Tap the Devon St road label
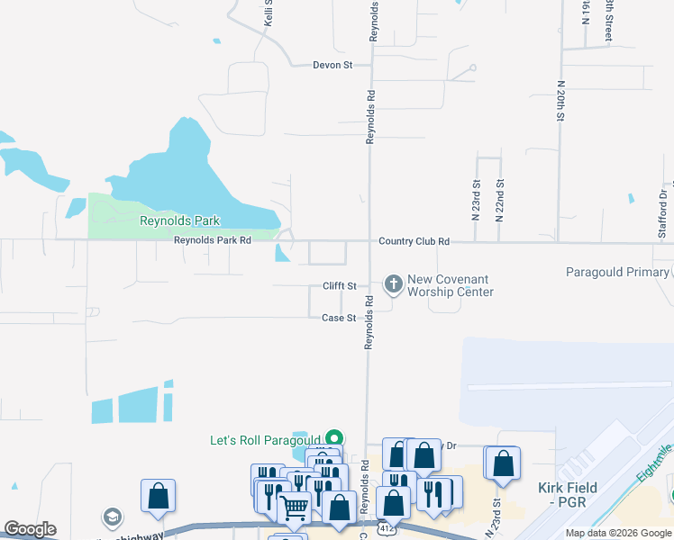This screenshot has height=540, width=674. (x=331, y=65)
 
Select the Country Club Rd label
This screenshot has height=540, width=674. (x=414, y=241)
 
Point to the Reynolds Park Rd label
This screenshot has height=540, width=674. (x=212, y=240)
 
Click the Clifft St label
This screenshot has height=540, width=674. (x=340, y=286)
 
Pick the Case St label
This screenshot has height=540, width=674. (x=340, y=318)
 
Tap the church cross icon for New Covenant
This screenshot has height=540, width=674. (x=393, y=284)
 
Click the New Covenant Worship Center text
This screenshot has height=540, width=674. (x=451, y=286)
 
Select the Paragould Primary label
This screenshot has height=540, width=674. (x=617, y=272)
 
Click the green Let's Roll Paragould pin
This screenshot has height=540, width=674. (x=334, y=437)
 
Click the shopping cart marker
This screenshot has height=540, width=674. (x=295, y=508)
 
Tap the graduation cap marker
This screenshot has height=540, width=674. (x=112, y=517)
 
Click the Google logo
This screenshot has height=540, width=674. (x=30, y=529)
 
